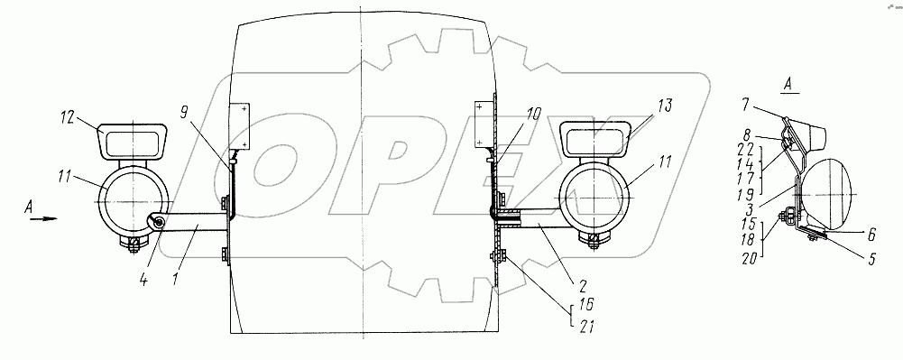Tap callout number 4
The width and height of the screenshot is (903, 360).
pyautogui.click(x=143, y=282)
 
